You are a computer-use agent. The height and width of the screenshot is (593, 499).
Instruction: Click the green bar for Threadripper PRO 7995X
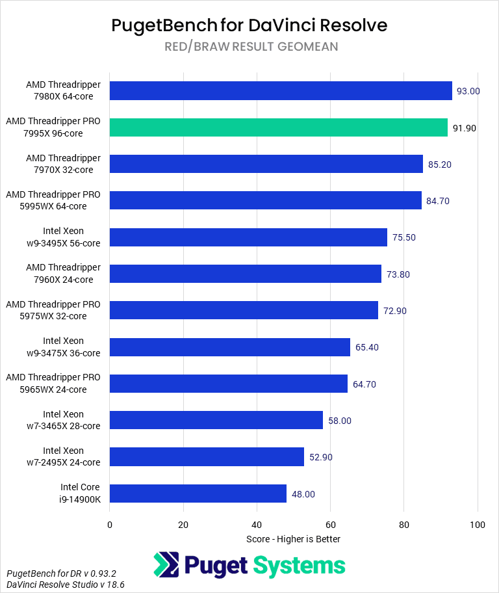279,127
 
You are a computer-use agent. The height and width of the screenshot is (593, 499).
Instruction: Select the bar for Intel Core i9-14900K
198,494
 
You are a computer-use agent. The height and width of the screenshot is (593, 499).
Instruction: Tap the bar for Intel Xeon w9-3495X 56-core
248,237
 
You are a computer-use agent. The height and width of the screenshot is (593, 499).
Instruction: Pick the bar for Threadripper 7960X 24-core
246,274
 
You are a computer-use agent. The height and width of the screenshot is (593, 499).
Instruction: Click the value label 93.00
468,91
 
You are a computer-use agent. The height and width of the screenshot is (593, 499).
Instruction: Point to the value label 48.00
303,494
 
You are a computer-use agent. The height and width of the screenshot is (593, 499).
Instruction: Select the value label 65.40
367,347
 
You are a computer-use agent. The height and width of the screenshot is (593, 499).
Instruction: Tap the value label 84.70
438,201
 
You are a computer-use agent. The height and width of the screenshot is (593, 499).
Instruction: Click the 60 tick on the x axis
331,525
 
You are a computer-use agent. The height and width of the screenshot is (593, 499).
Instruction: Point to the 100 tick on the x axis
478,525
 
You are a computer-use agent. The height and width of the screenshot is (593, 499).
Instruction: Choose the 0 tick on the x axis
110,525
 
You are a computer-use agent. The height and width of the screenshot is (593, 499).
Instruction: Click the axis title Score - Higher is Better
294,539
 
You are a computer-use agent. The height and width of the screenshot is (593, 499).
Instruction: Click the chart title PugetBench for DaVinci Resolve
249,25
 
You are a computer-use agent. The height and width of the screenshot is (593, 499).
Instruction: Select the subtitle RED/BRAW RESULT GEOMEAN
249,47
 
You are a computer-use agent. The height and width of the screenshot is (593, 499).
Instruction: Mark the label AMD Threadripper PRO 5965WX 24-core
53,383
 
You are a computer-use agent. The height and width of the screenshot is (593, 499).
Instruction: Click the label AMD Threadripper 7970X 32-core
63,164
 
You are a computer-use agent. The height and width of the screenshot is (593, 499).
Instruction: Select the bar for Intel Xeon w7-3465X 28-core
216,420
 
